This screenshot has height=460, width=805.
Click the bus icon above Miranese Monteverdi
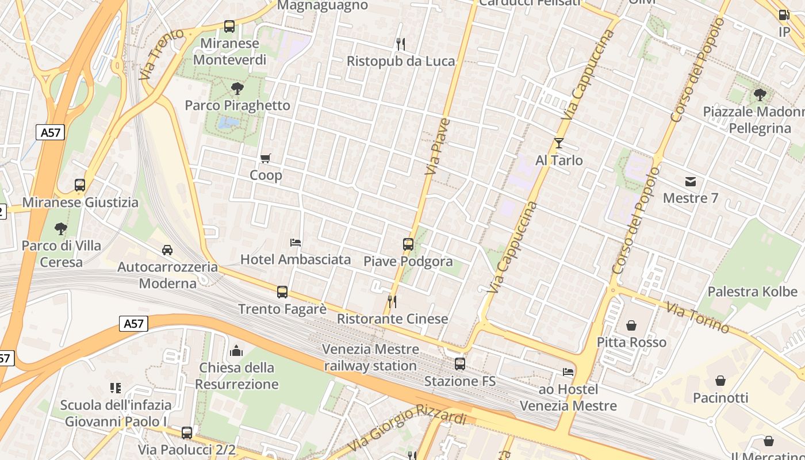pyautogui.click(x=229, y=26)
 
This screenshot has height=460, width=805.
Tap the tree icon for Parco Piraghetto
pyautogui.click(x=237, y=88)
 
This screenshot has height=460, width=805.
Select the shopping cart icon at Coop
pyautogui.click(x=265, y=158)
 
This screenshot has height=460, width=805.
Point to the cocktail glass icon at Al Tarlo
pyautogui.click(x=558, y=143)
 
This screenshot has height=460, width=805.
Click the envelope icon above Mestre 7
pyautogui.click(x=691, y=182)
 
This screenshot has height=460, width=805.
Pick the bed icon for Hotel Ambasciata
pyautogui.click(x=296, y=243)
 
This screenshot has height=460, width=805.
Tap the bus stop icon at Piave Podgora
pyautogui.click(x=408, y=244)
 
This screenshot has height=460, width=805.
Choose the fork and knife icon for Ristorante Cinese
pyautogui.click(x=392, y=301)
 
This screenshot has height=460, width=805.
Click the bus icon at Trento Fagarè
pyautogui.click(x=282, y=292)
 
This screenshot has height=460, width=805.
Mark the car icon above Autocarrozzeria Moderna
pyautogui.click(x=167, y=250)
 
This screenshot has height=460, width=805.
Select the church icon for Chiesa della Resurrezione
pyautogui.click(x=236, y=351)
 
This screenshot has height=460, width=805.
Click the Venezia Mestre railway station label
pyautogui.click(x=370, y=357)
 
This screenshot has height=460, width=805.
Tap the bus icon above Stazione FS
pyautogui.click(x=460, y=363)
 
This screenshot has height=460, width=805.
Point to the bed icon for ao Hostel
pyautogui.click(x=568, y=372)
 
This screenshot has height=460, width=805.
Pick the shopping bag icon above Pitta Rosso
pyautogui.click(x=631, y=325)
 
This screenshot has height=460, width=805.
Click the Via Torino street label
pyautogui.click(x=697, y=317)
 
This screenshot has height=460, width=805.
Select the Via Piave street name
pyautogui.click(x=437, y=146)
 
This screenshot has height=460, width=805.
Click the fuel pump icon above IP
pyautogui.click(x=784, y=15)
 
